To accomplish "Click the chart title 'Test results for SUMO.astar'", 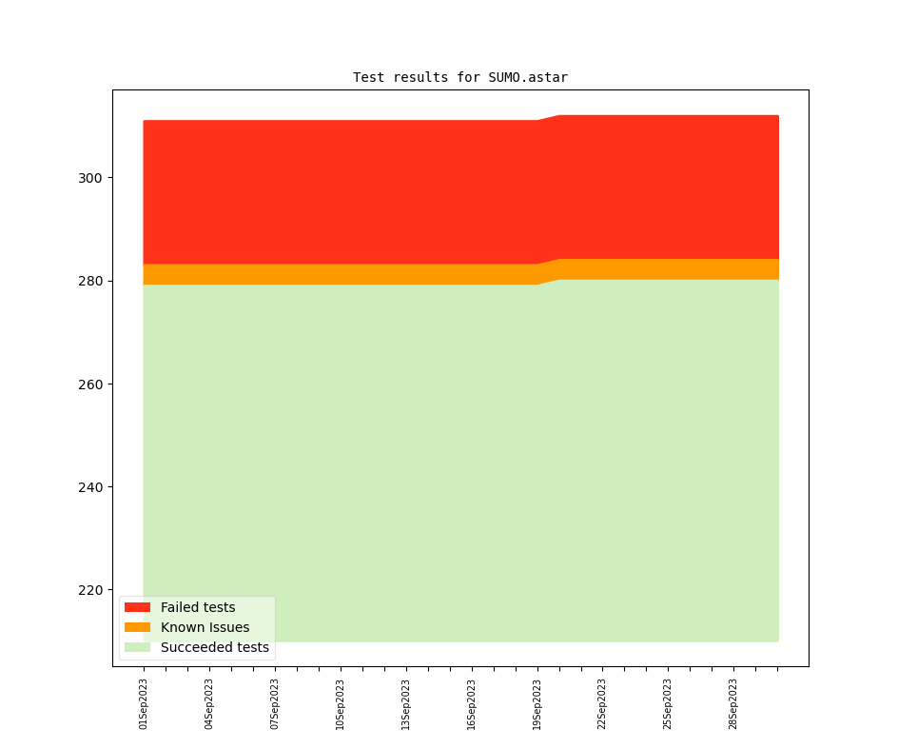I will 459,77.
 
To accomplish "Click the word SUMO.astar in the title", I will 528,77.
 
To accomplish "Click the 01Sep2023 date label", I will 144,704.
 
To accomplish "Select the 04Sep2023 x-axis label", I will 209,704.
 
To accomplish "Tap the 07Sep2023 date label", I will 275,704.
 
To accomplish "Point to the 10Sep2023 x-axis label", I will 341,704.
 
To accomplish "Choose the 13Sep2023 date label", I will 406,704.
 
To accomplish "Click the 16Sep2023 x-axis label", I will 472,704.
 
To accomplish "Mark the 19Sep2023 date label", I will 537,704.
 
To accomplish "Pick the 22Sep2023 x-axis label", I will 602,704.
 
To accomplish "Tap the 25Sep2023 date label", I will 668,704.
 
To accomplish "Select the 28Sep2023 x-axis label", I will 733,704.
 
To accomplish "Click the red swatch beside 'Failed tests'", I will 137,607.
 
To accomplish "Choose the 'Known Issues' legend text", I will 205,627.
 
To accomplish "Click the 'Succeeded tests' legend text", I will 214,647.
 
